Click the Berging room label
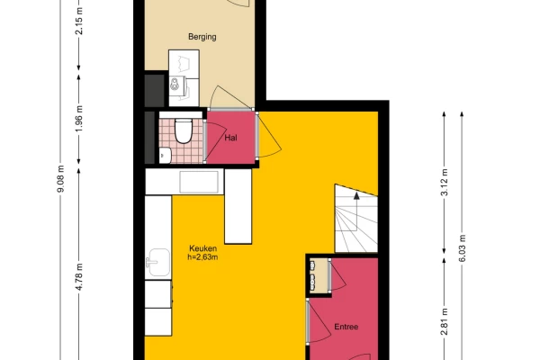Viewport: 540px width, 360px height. tap(202, 37)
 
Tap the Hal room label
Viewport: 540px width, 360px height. tap(230, 138)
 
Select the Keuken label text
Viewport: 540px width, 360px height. tap(202, 248)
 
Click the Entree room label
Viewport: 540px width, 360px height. tap(346, 327)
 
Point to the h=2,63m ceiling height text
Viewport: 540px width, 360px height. tap(202, 257)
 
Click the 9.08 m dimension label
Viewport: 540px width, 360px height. tap(60, 179)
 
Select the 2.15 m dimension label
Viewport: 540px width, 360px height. tap(79, 21)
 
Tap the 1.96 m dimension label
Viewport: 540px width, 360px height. tap(79, 118)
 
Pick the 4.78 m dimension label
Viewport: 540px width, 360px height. tap(79, 276)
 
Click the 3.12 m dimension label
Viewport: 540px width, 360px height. tap(445, 182)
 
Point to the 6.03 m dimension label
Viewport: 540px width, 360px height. tap(463, 248)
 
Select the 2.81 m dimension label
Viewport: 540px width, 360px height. tap(445, 321)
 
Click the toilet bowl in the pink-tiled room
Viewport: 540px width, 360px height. tap(184, 130)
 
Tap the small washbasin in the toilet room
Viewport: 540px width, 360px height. tap(165, 156)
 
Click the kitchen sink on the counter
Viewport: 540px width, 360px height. tap(158, 263)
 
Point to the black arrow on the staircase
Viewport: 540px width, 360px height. tap(356, 195)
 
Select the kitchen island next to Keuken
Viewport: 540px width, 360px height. tap(238, 206)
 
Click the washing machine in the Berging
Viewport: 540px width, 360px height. tap(177, 85)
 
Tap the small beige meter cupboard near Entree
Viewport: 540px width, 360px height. tap(319, 275)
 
